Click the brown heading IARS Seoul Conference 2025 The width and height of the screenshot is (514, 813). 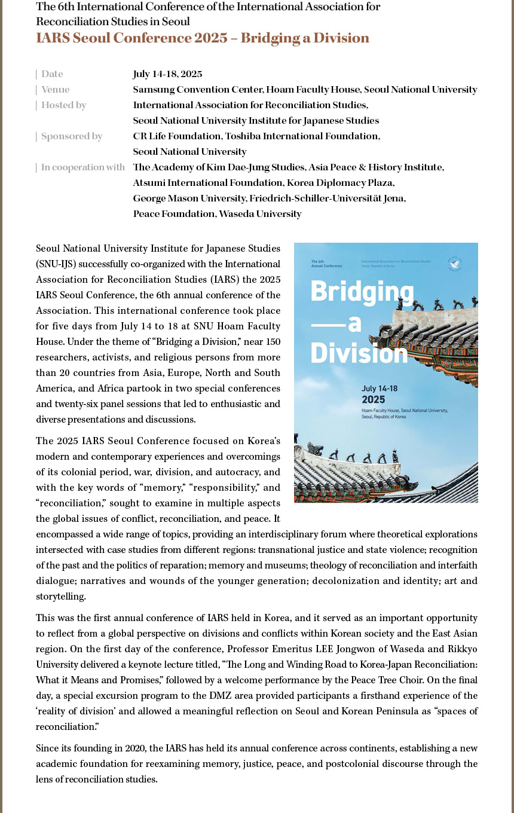click(202, 38)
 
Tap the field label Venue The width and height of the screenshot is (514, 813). click(55, 90)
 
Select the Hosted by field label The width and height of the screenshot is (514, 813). click(63, 105)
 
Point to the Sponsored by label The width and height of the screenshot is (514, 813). click(72, 136)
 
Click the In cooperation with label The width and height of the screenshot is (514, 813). click(82, 167)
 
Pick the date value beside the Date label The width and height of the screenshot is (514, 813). click(167, 74)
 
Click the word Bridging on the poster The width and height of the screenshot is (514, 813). click(362, 292)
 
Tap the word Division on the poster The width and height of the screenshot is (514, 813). click(359, 353)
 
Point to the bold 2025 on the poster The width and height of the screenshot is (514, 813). click(374, 399)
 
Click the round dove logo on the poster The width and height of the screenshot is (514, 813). click(455, 264)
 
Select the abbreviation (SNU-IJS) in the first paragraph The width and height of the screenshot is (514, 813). click(56, 264)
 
